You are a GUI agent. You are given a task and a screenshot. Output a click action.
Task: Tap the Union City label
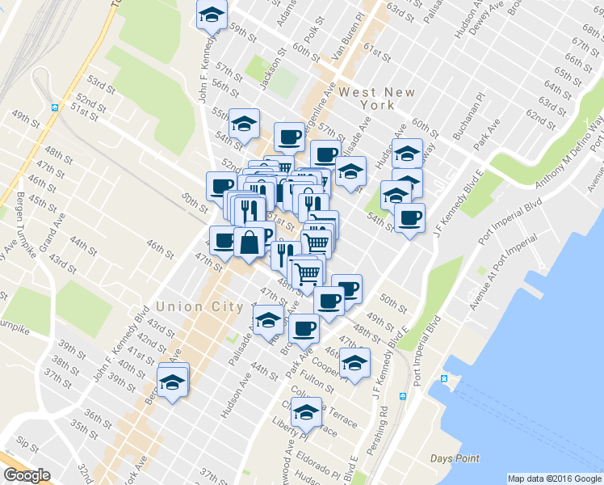tap(200, 306)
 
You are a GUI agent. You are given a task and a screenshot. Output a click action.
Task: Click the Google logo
tap(27, 475)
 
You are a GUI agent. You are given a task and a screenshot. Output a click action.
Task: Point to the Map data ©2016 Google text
tap(555, 479)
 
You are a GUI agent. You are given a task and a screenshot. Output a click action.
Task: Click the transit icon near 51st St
tap(56, 108)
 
